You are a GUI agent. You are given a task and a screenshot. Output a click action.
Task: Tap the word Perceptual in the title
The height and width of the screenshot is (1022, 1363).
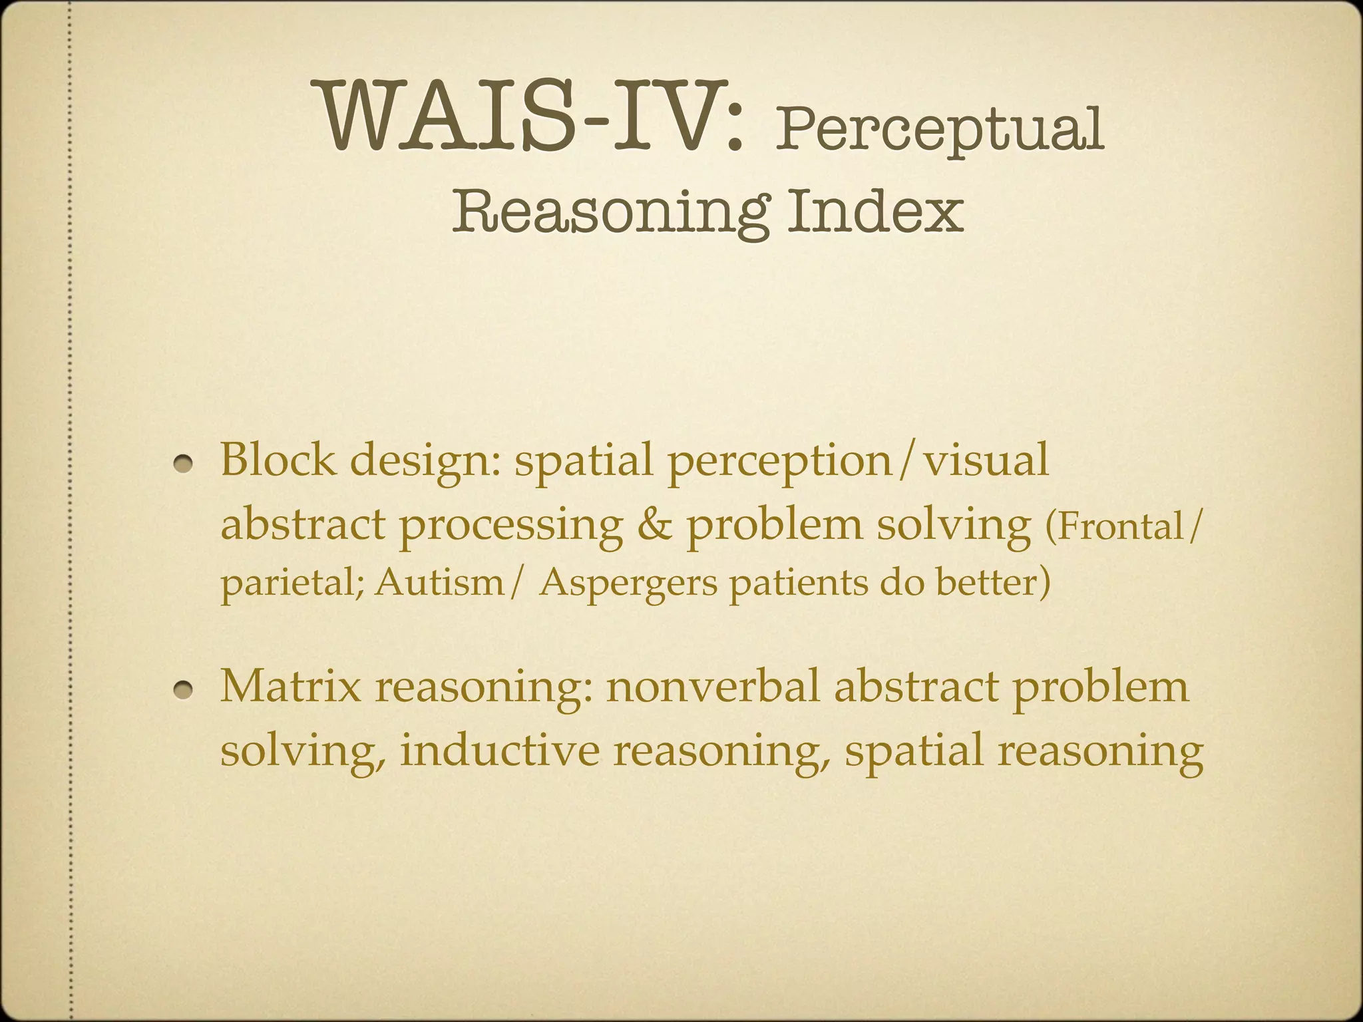click(939, 129)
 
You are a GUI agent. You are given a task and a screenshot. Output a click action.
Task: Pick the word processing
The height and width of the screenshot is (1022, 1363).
click(510, 526)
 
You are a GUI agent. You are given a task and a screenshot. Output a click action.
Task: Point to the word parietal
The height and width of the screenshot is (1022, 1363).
click(291, 584)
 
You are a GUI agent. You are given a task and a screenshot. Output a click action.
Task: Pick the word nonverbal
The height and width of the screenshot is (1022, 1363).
click(713, 686)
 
